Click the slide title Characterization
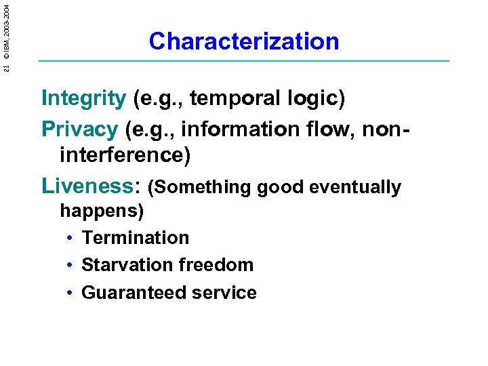click(x=244, y=41)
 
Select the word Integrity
click(x=83, y=99)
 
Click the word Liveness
click(x=89, y=186)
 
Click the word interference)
click(x=125, y=155)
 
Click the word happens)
click(x=102, y=211)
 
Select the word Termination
click(x=135, y=238)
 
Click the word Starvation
click(x=124, y=265)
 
